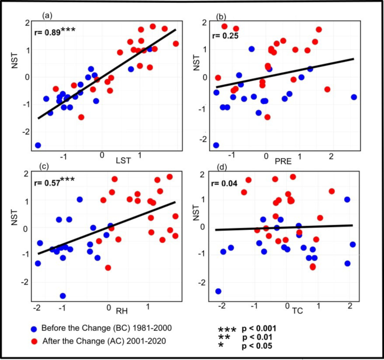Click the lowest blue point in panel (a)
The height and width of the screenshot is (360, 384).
click(x=38, y=145)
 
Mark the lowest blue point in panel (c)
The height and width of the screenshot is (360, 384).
click(x=63, y=296)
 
